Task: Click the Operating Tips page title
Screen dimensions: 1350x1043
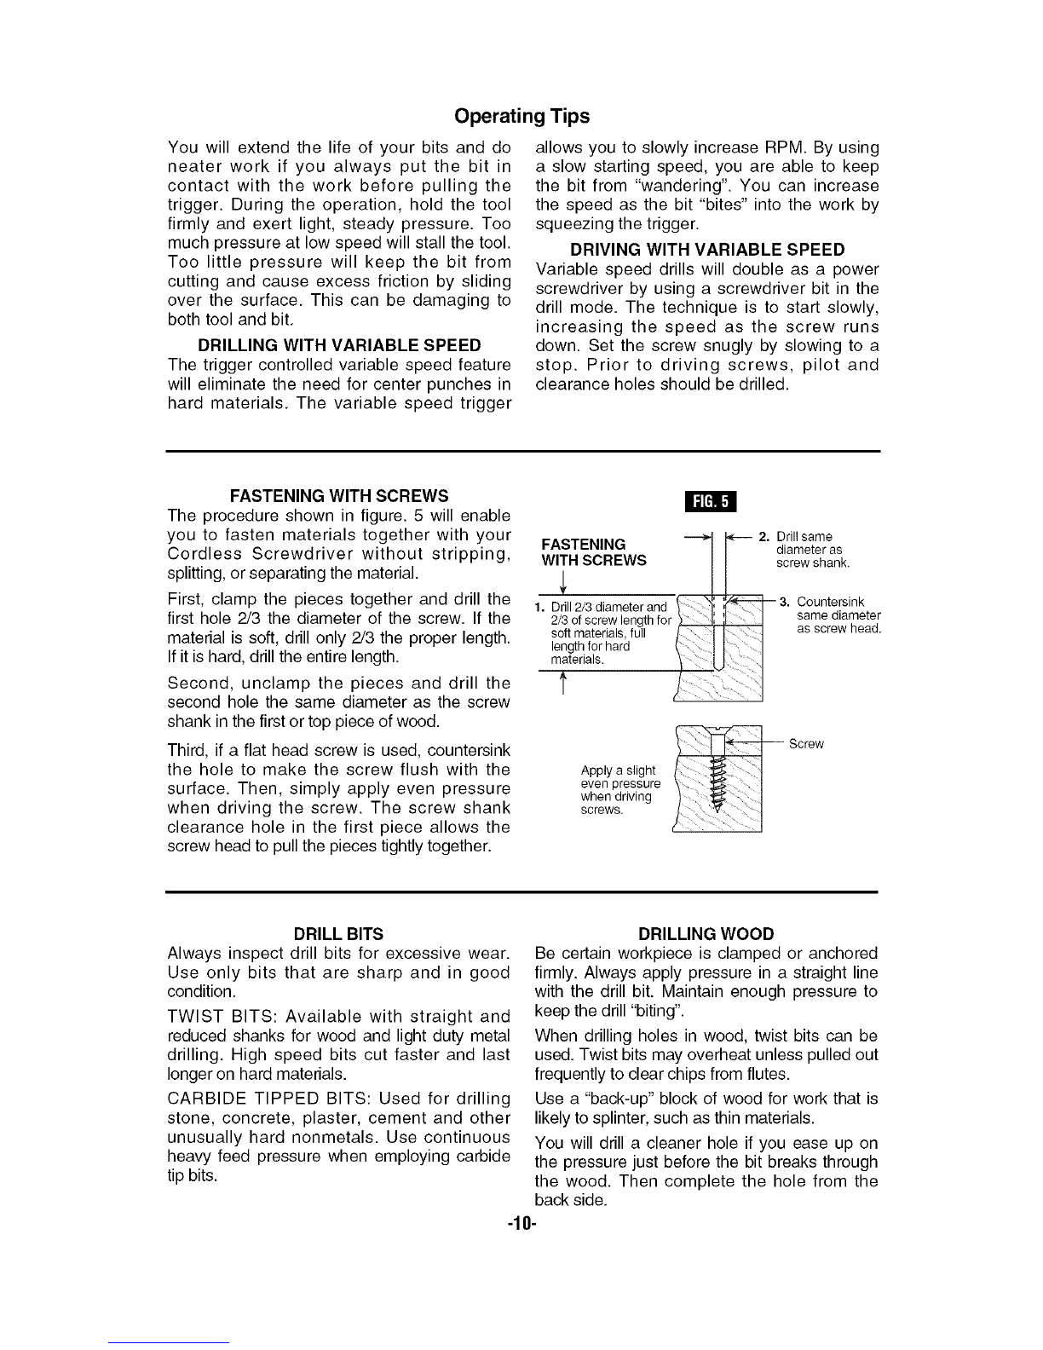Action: click(x=521, y=115)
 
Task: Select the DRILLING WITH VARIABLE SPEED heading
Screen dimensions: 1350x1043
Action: click(x=339, y=346)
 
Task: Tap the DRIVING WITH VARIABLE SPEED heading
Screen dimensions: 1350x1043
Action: click(x=706, y=250)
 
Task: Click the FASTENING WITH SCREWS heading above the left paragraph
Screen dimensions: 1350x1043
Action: click(x=339, y=496)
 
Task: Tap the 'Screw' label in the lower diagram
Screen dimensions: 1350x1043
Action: click(x=806, y=744)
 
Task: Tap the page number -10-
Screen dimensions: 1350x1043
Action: click(x=521, y=1226)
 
